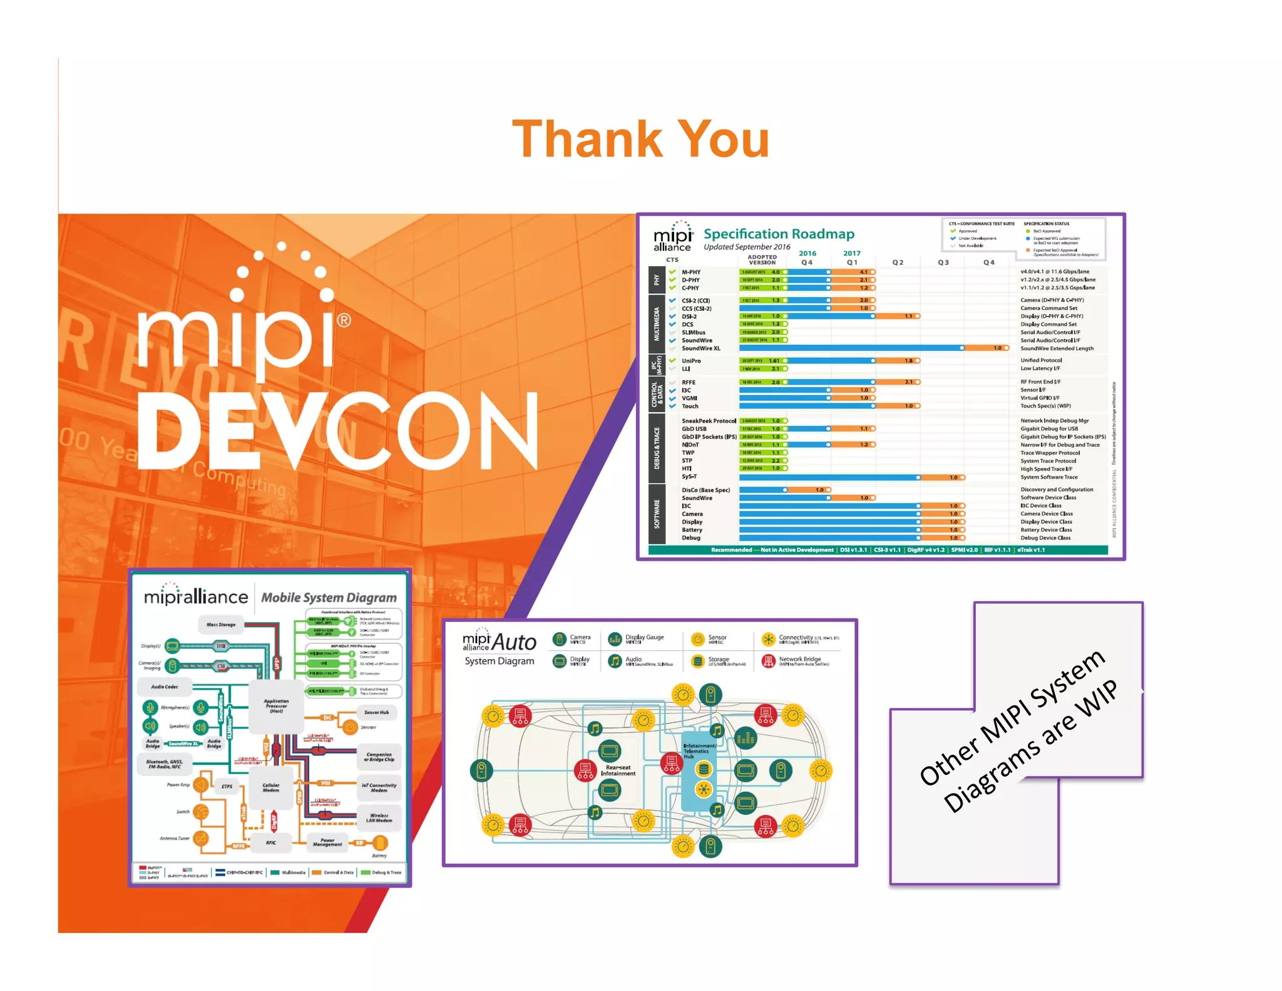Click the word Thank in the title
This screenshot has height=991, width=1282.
coord(587,139)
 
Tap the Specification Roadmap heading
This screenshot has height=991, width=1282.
coord(778,234)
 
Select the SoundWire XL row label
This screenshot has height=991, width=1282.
coord(700,348)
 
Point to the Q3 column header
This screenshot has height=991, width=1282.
coord(943,262)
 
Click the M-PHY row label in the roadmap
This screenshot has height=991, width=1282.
coord(691,272)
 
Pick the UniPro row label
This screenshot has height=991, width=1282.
coord(691,361)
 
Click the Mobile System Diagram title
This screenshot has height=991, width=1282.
coord(329,598)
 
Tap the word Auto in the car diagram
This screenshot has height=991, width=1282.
coord(514,642)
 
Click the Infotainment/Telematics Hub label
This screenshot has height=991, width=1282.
coord(699,750)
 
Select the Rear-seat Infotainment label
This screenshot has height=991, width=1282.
coord(618,770)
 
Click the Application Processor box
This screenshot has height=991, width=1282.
coord(276,706)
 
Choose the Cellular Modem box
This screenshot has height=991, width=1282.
coord(271,787)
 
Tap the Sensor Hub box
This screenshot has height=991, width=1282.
coord(376,712)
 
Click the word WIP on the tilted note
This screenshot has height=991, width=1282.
coord(1095,698)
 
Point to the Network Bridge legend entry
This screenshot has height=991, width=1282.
coord(799,660)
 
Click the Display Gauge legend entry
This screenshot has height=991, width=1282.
coord(644,638)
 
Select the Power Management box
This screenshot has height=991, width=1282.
coord(327,843)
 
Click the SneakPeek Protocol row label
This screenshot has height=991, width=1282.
coord(709,421)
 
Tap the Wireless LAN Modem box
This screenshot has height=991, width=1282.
coord(379,817)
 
